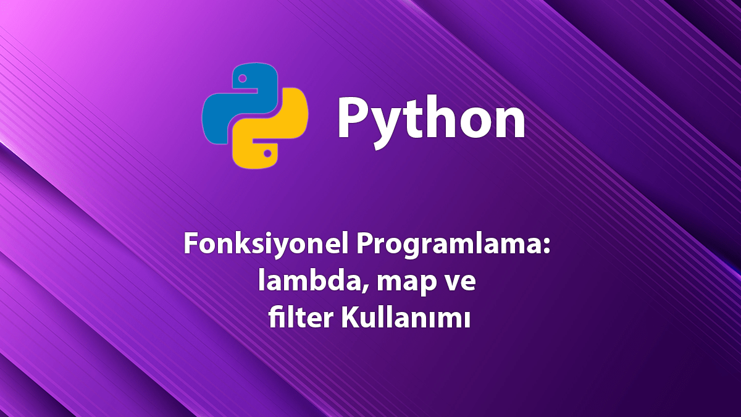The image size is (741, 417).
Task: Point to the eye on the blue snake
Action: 242,78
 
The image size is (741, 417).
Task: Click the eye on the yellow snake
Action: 267,151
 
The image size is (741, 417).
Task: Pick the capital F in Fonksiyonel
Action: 190,246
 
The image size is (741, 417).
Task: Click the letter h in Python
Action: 442,117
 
